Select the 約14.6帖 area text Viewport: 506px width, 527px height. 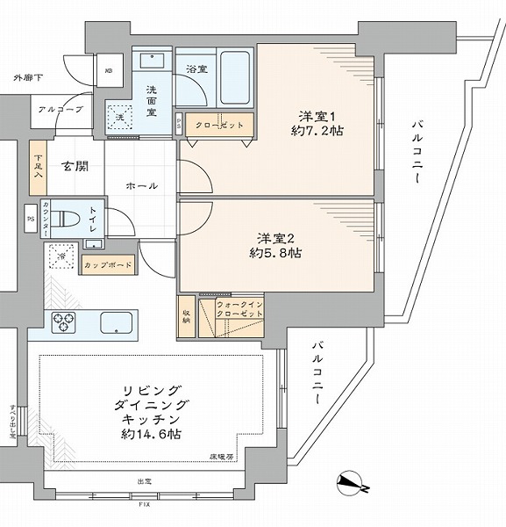click(x=152, y=434)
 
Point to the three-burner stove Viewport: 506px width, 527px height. click(x=66, y=322)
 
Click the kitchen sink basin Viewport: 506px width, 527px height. click(x=118, y=322)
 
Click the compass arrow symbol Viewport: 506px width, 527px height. click(x=353, y=484)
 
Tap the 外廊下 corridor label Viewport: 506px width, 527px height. click(x=27, y=80)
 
